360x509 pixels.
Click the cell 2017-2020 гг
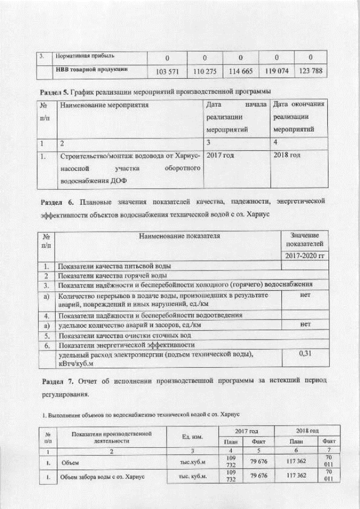(304, 256)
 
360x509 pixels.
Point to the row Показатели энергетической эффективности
(127, 344)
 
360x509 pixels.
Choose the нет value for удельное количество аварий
(304, 325)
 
